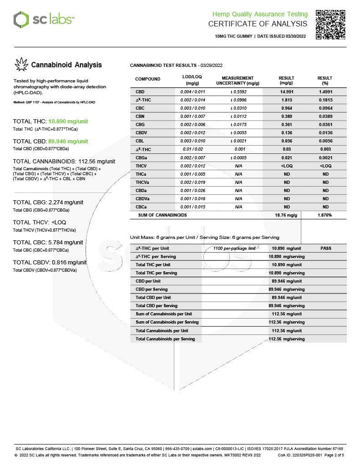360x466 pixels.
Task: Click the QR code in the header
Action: point(330,25)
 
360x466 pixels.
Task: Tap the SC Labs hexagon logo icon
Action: point(20,20)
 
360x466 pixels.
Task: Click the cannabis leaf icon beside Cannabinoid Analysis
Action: point(21,65)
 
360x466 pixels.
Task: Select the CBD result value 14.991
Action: point(286,91)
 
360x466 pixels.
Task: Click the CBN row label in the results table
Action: point(140,116)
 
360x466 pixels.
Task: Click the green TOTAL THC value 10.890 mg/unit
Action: point(68,122)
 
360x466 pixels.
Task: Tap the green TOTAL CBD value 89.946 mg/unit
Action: point(68,141)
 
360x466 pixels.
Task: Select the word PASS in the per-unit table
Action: point(325,248)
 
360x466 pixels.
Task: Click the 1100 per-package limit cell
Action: point(234,248)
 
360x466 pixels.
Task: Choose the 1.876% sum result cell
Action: point(325,215)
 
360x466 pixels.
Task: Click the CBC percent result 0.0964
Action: point(325,108)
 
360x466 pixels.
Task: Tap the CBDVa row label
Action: point(142,198)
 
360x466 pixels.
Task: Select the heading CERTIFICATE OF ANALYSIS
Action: point(258,24)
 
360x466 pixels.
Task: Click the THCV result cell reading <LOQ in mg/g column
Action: point(286,166)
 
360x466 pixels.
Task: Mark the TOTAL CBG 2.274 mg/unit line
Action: point(48,202)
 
